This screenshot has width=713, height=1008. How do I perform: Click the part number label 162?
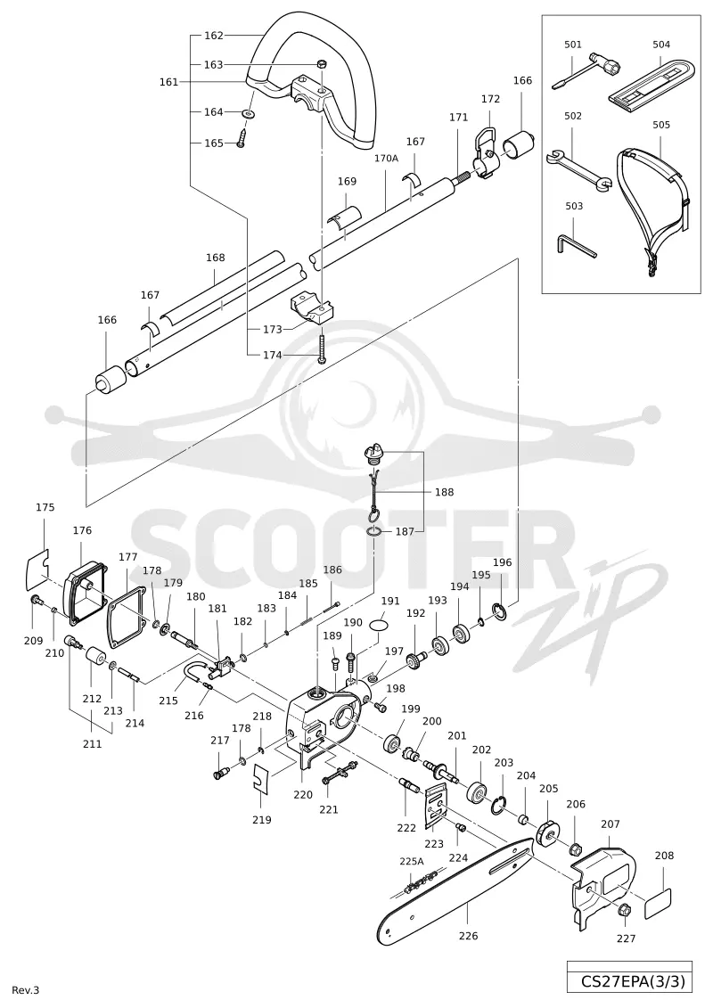213,36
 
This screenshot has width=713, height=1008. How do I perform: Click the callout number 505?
661,125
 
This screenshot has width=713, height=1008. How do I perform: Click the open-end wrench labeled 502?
578,169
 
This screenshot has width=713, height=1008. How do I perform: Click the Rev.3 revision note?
26,990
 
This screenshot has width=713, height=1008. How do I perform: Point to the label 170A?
387,158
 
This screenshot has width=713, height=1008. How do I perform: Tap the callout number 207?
611,824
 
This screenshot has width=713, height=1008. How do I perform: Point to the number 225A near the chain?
412,861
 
